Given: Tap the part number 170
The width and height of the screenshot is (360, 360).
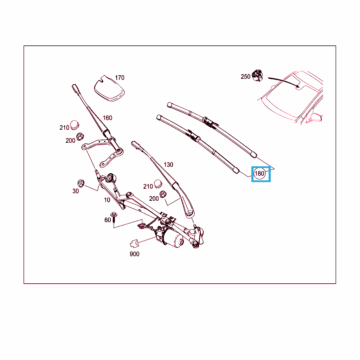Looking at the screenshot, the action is point(120,78).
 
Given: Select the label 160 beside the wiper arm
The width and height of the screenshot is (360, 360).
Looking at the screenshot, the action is point(108,118).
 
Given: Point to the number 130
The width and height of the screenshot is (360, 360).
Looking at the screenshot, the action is point(168,165).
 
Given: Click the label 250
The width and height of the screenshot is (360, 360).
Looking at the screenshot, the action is point(245,77).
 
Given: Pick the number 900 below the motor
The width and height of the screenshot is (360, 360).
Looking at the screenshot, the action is point(134,254).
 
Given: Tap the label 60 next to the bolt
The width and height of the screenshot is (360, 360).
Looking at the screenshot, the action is point(108,220).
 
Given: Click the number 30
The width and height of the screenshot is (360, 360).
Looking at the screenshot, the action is point(76,191).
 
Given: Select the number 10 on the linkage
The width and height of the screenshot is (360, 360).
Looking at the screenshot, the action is point(107,200).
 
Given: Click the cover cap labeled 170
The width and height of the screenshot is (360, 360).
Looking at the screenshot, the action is point(109,89).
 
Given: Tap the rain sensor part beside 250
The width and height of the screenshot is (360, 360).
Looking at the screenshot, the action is point(257,76).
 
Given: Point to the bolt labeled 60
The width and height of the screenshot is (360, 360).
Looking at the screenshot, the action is point(114,217).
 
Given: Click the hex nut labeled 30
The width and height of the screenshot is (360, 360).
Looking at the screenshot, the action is point(81,183).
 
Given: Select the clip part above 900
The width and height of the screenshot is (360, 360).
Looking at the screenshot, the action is point(135,243).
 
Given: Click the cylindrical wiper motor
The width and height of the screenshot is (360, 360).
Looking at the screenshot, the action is point(174,239).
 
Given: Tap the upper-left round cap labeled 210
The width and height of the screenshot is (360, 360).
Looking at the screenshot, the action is point(75,125).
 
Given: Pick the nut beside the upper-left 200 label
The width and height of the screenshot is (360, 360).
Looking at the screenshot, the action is point(80,137).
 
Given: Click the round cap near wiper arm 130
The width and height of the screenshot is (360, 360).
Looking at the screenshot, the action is point(158,184).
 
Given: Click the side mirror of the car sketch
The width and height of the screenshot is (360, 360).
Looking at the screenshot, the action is point(316,117).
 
